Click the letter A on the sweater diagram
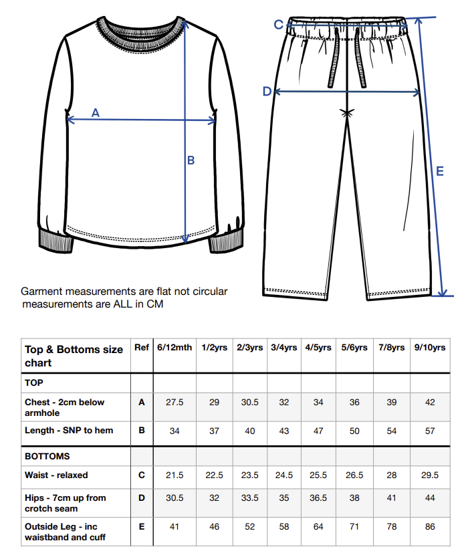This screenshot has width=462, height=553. tap(95, 113)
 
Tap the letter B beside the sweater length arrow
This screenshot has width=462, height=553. tap(191, 160)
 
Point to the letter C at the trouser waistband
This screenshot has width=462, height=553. tap(278, 25)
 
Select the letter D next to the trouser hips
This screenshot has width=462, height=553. tap(266, 91)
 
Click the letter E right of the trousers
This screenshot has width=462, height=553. tap(439, 171)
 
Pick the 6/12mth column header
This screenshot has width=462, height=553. tap(175, 348)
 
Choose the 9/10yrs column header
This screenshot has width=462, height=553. tap(430, 348)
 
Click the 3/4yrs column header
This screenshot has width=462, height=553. tap(285, 348)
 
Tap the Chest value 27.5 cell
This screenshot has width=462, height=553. tap(175, 403)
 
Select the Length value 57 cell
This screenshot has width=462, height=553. tap(430, 431)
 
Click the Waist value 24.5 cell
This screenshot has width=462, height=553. tap(285, 475)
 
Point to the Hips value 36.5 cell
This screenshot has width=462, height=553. tap(318, 498)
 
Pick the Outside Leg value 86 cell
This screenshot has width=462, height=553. tap(430, 527)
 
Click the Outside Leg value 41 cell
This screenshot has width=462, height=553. tap(175, 527)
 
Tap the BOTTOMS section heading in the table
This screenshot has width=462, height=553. tap(47, 456)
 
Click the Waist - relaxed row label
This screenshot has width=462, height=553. tap(56, 475)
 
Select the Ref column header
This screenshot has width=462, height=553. tap(142, 348)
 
